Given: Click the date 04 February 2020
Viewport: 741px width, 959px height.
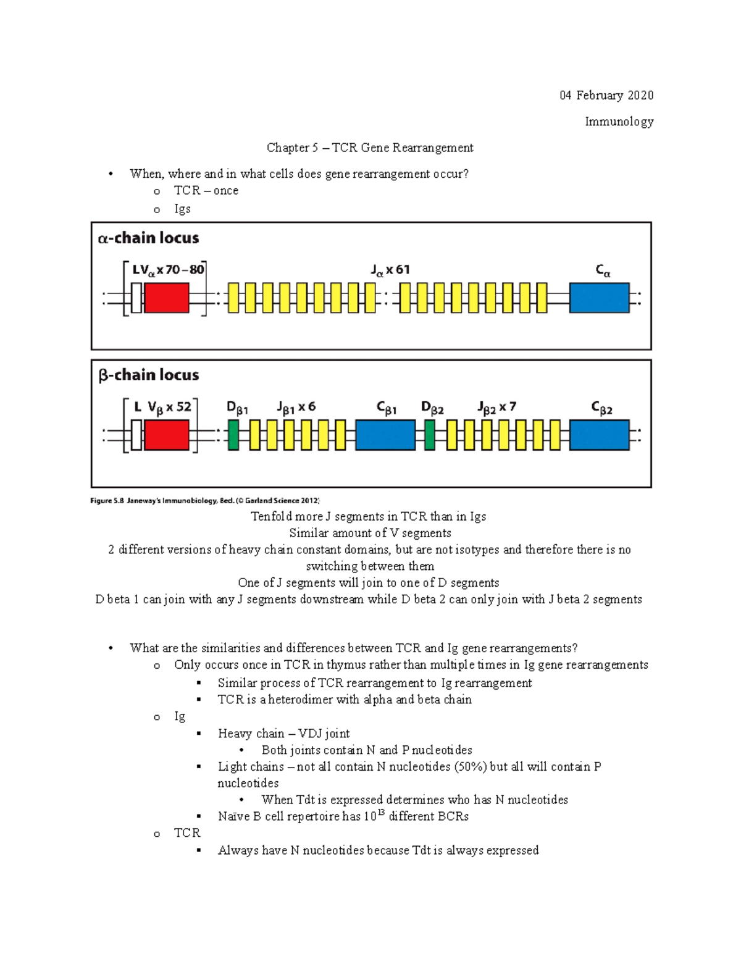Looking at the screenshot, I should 606,95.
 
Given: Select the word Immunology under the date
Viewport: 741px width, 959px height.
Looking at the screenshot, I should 619,122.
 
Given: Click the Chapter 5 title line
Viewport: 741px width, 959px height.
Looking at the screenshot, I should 370,148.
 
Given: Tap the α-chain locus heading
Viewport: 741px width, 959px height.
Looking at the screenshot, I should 148,238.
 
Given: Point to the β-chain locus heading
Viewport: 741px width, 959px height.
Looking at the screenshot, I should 149,375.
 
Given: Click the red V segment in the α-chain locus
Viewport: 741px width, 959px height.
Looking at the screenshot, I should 166,298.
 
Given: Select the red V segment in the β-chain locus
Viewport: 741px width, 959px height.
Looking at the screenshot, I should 166,435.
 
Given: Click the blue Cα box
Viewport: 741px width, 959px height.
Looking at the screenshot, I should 599,298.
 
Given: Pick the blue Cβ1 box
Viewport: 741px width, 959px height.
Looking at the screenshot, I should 385,435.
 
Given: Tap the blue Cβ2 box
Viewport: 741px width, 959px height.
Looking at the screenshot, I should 599,435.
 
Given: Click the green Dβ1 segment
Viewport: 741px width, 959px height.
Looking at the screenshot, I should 233,435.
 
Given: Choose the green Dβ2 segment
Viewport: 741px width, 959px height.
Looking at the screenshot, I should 430,435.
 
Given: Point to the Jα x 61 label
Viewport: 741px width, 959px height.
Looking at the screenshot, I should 390,270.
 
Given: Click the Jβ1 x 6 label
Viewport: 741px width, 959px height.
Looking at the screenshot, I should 296,408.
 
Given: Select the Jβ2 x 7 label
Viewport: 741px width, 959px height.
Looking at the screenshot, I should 496,408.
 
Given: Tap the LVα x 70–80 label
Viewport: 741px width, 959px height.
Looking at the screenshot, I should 168,270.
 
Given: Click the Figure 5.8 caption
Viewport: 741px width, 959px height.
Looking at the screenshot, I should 204,501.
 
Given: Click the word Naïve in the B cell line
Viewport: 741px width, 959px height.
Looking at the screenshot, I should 233,816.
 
